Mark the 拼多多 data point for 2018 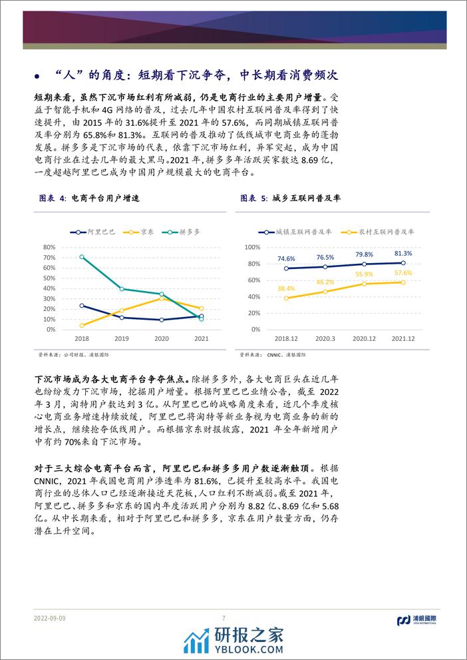click(x=82, y=256)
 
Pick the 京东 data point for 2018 click(x=82, y=325)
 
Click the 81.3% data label click(x=403, y=254)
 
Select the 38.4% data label click(x=286, y=288)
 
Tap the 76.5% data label click(x=326, y=257)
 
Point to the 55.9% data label click(x=363, y=274)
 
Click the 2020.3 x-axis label click(x=326, y=338)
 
